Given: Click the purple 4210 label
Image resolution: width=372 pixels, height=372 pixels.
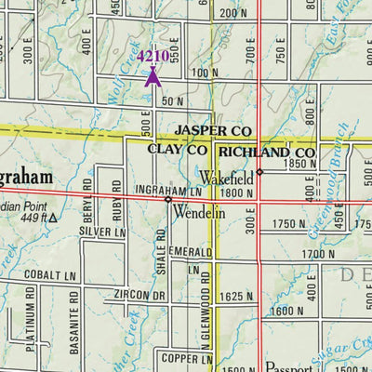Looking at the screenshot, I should tap(153, 57).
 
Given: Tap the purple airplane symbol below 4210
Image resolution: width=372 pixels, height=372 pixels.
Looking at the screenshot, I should tap(153, 76).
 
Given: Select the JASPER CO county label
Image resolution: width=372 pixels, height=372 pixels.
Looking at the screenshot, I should tap(215, 131).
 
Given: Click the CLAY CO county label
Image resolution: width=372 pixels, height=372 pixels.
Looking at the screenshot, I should tap(178, 150).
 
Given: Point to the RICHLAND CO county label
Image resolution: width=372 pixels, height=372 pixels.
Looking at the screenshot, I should tap(266, 151).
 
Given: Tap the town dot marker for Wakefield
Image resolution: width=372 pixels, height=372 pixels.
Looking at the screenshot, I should tap(260, 171).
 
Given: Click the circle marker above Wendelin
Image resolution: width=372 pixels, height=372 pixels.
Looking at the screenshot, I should tap(168, 199).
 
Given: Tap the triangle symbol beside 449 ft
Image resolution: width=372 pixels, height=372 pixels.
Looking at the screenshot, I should tap(53, 219).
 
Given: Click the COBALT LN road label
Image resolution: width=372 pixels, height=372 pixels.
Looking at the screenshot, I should tap(49, 276).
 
